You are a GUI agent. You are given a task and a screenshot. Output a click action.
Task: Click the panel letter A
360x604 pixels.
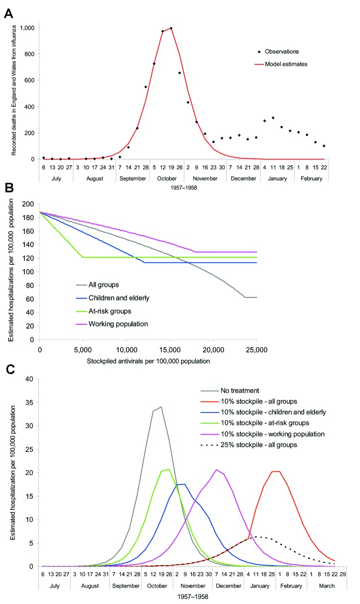tap(8, 13)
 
